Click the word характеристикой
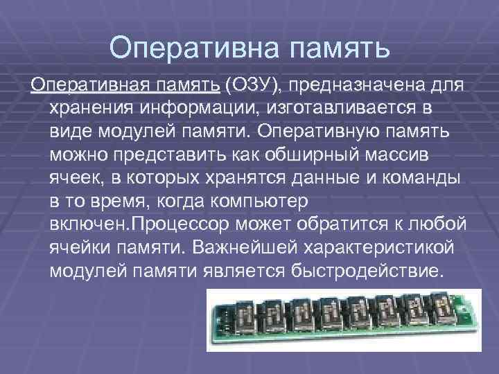click(x=374, y=247)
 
